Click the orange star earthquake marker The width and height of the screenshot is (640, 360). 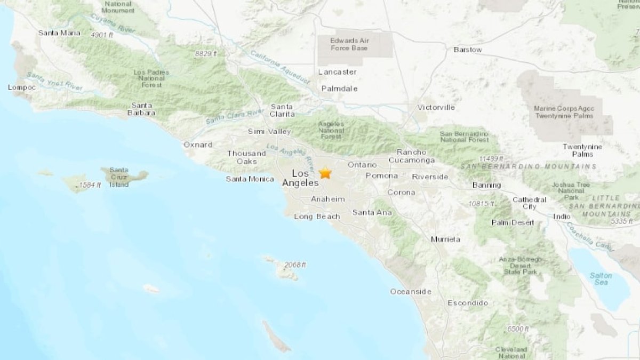325,173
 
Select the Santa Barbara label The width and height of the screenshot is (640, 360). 142,109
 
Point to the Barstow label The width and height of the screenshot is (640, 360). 467,50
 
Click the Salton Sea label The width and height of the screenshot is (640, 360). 601,278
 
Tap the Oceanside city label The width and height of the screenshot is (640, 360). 410,291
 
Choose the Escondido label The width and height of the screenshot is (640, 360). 467,302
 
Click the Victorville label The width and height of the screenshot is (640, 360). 436,107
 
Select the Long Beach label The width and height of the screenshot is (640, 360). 317,216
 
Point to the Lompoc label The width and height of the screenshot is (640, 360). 22,87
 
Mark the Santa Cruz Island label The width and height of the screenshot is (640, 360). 119,177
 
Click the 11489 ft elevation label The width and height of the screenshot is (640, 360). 491,158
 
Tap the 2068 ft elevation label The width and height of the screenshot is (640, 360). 295,265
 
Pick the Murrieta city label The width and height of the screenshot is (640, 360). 445,239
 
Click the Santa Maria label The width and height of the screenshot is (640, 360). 59,33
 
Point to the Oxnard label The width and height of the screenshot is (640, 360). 197,145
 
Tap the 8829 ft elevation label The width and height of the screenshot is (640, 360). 206,53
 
